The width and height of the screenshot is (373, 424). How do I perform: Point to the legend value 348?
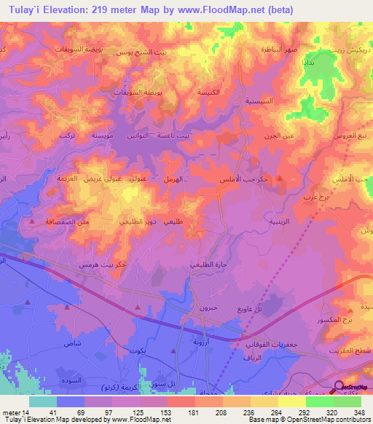(357, 412)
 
